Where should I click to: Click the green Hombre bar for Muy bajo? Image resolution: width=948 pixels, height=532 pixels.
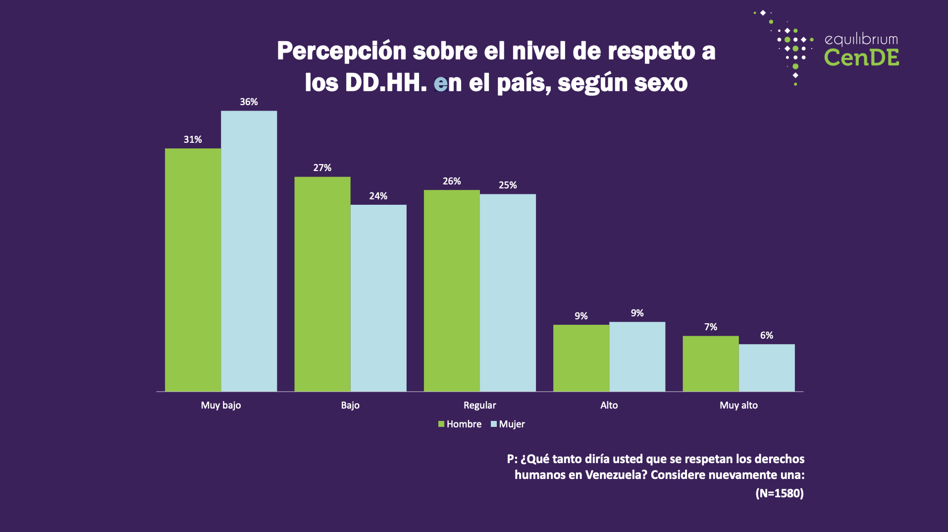click(x=193, y=270)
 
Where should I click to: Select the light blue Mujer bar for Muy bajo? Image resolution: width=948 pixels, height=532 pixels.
click(x=249, y=251)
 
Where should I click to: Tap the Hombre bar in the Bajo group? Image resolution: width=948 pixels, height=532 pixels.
click(x=322, y=284)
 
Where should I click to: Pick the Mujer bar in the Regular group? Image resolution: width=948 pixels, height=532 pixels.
click(x=508, y=293)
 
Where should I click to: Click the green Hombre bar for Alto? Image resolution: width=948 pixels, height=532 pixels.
click(x=581, y=358)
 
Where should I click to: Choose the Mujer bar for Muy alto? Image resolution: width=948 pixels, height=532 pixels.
click(x=767, y=368)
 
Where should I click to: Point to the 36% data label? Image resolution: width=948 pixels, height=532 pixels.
click(x=249, y=102)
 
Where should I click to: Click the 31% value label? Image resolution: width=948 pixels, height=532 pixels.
click(x=193, y=139)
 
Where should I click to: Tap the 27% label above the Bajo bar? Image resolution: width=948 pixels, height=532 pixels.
click(x=322, y=168)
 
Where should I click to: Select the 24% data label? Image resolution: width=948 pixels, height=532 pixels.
click(x=378, y=196)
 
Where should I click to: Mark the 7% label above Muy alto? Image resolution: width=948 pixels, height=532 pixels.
click(x=711, y=327)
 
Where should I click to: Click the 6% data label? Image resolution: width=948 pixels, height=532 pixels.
click(x=767, y=335)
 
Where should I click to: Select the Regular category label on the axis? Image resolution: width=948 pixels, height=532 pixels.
click(x=479, y=405)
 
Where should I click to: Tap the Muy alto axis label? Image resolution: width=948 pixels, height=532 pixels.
click(x=738, y=405)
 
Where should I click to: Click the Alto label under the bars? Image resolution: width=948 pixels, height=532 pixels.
click(x=609, y=405)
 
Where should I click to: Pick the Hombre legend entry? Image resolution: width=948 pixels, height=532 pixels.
click(x=460, y=424)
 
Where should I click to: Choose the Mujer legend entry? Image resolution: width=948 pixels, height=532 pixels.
click(x=508, y=424)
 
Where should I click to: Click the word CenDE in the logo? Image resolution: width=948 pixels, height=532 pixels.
click(x=861, y=58)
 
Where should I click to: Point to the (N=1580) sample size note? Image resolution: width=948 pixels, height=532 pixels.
click(x=780, y=493)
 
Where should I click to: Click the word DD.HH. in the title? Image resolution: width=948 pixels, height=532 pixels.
click(x=386, y=82)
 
